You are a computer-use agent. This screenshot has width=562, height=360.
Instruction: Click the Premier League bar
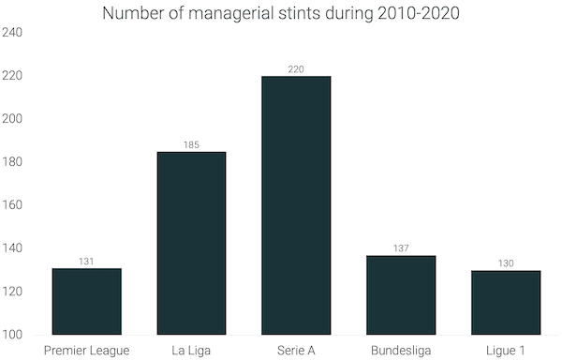pos(86,301)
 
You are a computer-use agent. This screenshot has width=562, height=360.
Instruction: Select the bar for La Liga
pos(191,243)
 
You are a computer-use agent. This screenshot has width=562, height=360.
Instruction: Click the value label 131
pos(86,262)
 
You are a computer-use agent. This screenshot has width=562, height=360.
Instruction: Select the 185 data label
pos(191,145)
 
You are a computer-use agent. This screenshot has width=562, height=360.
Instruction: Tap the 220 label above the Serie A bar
pos(296,69)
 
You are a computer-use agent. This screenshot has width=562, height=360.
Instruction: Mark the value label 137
pos(401,248)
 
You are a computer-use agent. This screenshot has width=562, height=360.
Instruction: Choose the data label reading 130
pos(506,263)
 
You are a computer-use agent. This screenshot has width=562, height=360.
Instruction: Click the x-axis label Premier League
pos(86,350)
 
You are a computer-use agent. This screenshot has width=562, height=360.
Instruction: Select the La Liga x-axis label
pos(191,350)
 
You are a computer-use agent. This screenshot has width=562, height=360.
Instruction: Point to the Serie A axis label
pos(296,350)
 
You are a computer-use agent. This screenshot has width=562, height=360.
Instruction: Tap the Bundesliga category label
pos(401,350)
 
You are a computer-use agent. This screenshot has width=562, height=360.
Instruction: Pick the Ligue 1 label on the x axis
pos(506,350)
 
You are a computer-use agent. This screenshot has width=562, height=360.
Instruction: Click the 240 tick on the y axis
pos(12,33)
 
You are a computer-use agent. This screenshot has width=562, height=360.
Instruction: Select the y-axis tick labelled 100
pos(12,335)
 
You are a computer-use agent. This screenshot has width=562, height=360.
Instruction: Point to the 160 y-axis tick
pos(12,205)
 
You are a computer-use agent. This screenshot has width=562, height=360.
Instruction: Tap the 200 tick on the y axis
pos(12,119)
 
